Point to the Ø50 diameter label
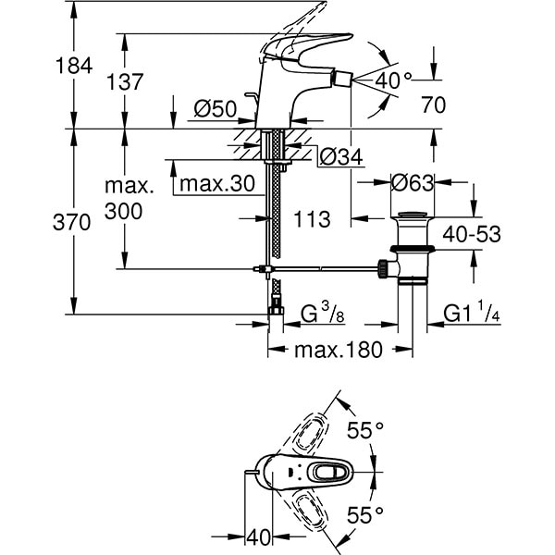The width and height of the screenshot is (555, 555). coord(214,110)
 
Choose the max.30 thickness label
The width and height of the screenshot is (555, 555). coord(216,184)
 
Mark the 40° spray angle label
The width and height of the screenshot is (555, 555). coord(393,81)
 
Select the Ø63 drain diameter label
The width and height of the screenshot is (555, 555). coord(413,183)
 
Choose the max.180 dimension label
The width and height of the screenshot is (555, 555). coord(337,351)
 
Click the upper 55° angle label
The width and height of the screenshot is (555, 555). coord(364,432)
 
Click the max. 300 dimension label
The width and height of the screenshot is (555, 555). coord(123,200)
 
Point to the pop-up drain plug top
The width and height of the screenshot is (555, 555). coord(412,218)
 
